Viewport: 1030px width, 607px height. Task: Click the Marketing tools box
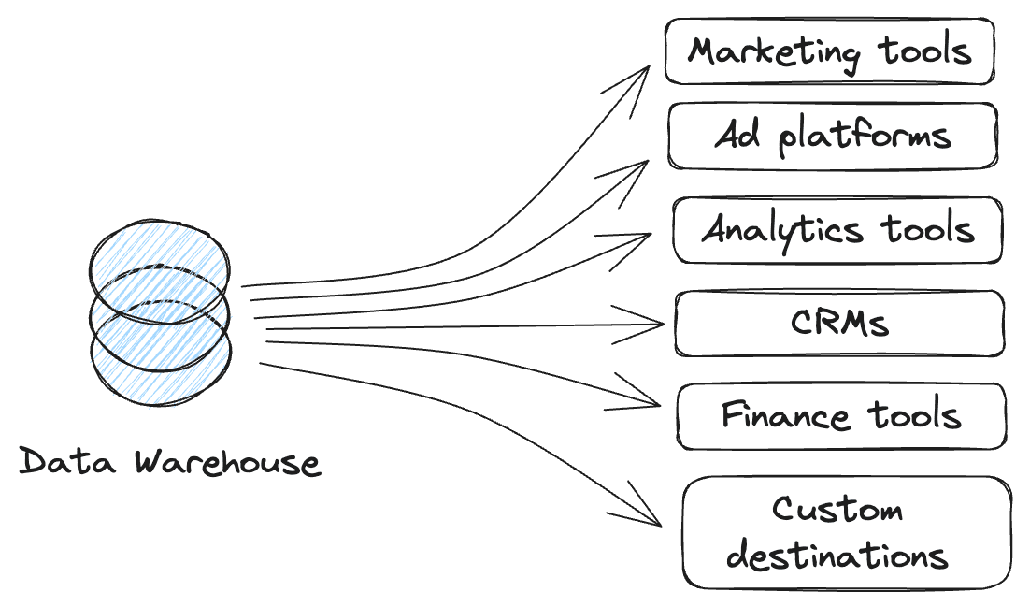pyautogui.click(x=829, y=51)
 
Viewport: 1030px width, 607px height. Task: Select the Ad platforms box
pyautogui.click(x=832, y=137)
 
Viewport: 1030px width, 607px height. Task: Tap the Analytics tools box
pyautogui.click(x=837, y=230)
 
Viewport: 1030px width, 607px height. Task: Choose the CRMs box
pyautogui.click(x=839, y=324)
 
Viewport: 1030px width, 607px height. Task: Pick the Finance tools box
pyautogui.click(x=841, y=416)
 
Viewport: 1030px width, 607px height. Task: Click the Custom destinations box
pyautogui.click(x=847, y=533)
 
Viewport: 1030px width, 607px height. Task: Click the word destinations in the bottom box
pyautogui.click(x=837, y=555)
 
